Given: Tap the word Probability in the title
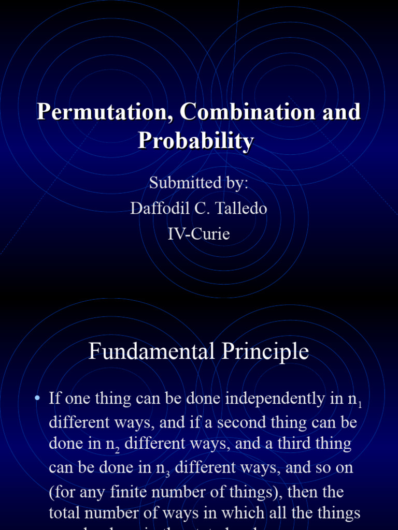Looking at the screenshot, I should coord(196,141).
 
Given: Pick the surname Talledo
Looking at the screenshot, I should coord(243,208).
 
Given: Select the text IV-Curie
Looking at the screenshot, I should coord(198,234).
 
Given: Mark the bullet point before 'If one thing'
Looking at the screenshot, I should coord(37,399).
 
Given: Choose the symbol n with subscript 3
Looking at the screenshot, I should coord(165,469).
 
